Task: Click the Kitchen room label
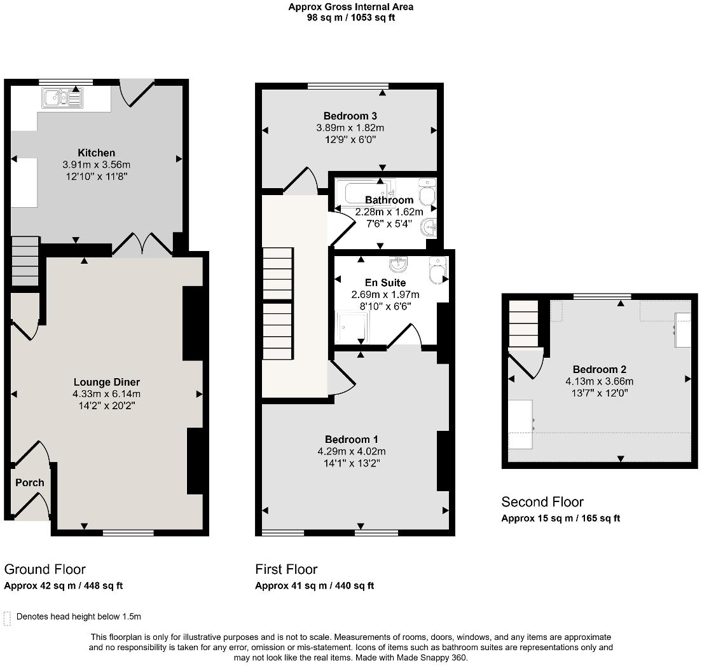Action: [96, 153]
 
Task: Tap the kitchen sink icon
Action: [62, 98]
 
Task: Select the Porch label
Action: [30, 482]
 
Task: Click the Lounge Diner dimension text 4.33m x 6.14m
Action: [106, 394]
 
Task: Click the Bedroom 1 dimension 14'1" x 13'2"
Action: [352, 463]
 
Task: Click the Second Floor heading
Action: [542, 502]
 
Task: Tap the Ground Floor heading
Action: [45, 569]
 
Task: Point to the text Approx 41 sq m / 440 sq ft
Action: [314, 586]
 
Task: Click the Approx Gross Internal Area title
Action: [350, 7]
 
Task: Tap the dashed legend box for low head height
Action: [8, 617]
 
